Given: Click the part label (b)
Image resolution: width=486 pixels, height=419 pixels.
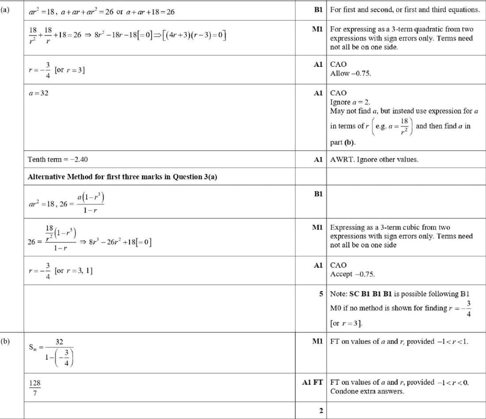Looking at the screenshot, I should (x=5, y=341).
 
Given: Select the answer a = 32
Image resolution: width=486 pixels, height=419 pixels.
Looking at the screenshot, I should (x=38, y=93).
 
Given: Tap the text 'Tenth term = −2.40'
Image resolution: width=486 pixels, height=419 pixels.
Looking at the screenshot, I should (x=54, y=159).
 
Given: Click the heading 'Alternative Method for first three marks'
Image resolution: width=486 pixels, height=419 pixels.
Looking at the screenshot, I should (x=122, y=177).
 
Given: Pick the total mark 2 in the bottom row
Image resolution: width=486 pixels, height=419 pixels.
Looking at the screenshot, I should (x=321, y=411).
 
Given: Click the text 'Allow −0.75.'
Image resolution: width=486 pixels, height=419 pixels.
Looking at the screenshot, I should (x=351, y=73).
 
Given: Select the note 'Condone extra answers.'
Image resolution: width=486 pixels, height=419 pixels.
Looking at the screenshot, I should (x=367, y=391).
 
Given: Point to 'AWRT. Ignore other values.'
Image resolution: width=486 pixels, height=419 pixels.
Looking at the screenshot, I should (x=374, y=159).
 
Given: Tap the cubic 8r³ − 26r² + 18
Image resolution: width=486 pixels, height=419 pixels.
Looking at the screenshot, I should (x=121, y=242).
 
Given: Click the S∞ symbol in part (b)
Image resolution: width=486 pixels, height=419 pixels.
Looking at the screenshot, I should (x=33, y=347).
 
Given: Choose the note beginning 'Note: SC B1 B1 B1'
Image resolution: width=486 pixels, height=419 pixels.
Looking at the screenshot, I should (x=400, y=294).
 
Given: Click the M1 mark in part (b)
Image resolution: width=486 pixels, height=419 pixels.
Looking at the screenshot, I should (x=319, y=342).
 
